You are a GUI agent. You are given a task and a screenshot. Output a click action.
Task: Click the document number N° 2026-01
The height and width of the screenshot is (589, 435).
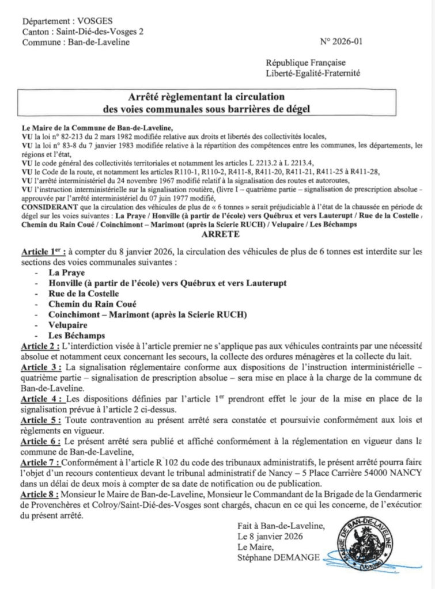click(341, 42)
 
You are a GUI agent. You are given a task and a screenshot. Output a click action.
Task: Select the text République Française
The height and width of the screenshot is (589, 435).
click(305, 63)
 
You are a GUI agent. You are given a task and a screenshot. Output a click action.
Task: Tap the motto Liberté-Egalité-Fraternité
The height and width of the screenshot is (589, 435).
click(312, 74)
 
